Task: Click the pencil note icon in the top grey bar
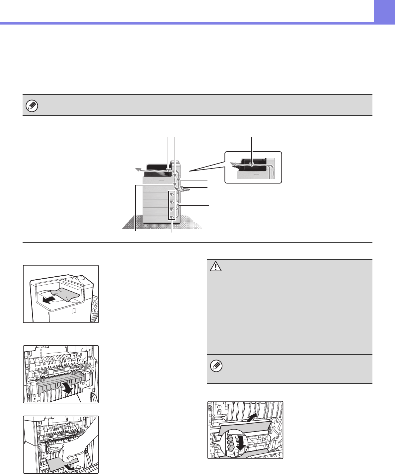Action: click(x=32, y=106)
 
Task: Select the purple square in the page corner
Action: click(x=384, y=11)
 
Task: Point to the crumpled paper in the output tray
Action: click(x=63, y=295)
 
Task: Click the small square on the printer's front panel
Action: click(x=74, y=310)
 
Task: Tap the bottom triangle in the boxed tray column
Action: click(x=171, y=217)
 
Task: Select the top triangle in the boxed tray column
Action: click(x=171, y=194)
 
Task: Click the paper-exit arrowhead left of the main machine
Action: click(x=138, y=170)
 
